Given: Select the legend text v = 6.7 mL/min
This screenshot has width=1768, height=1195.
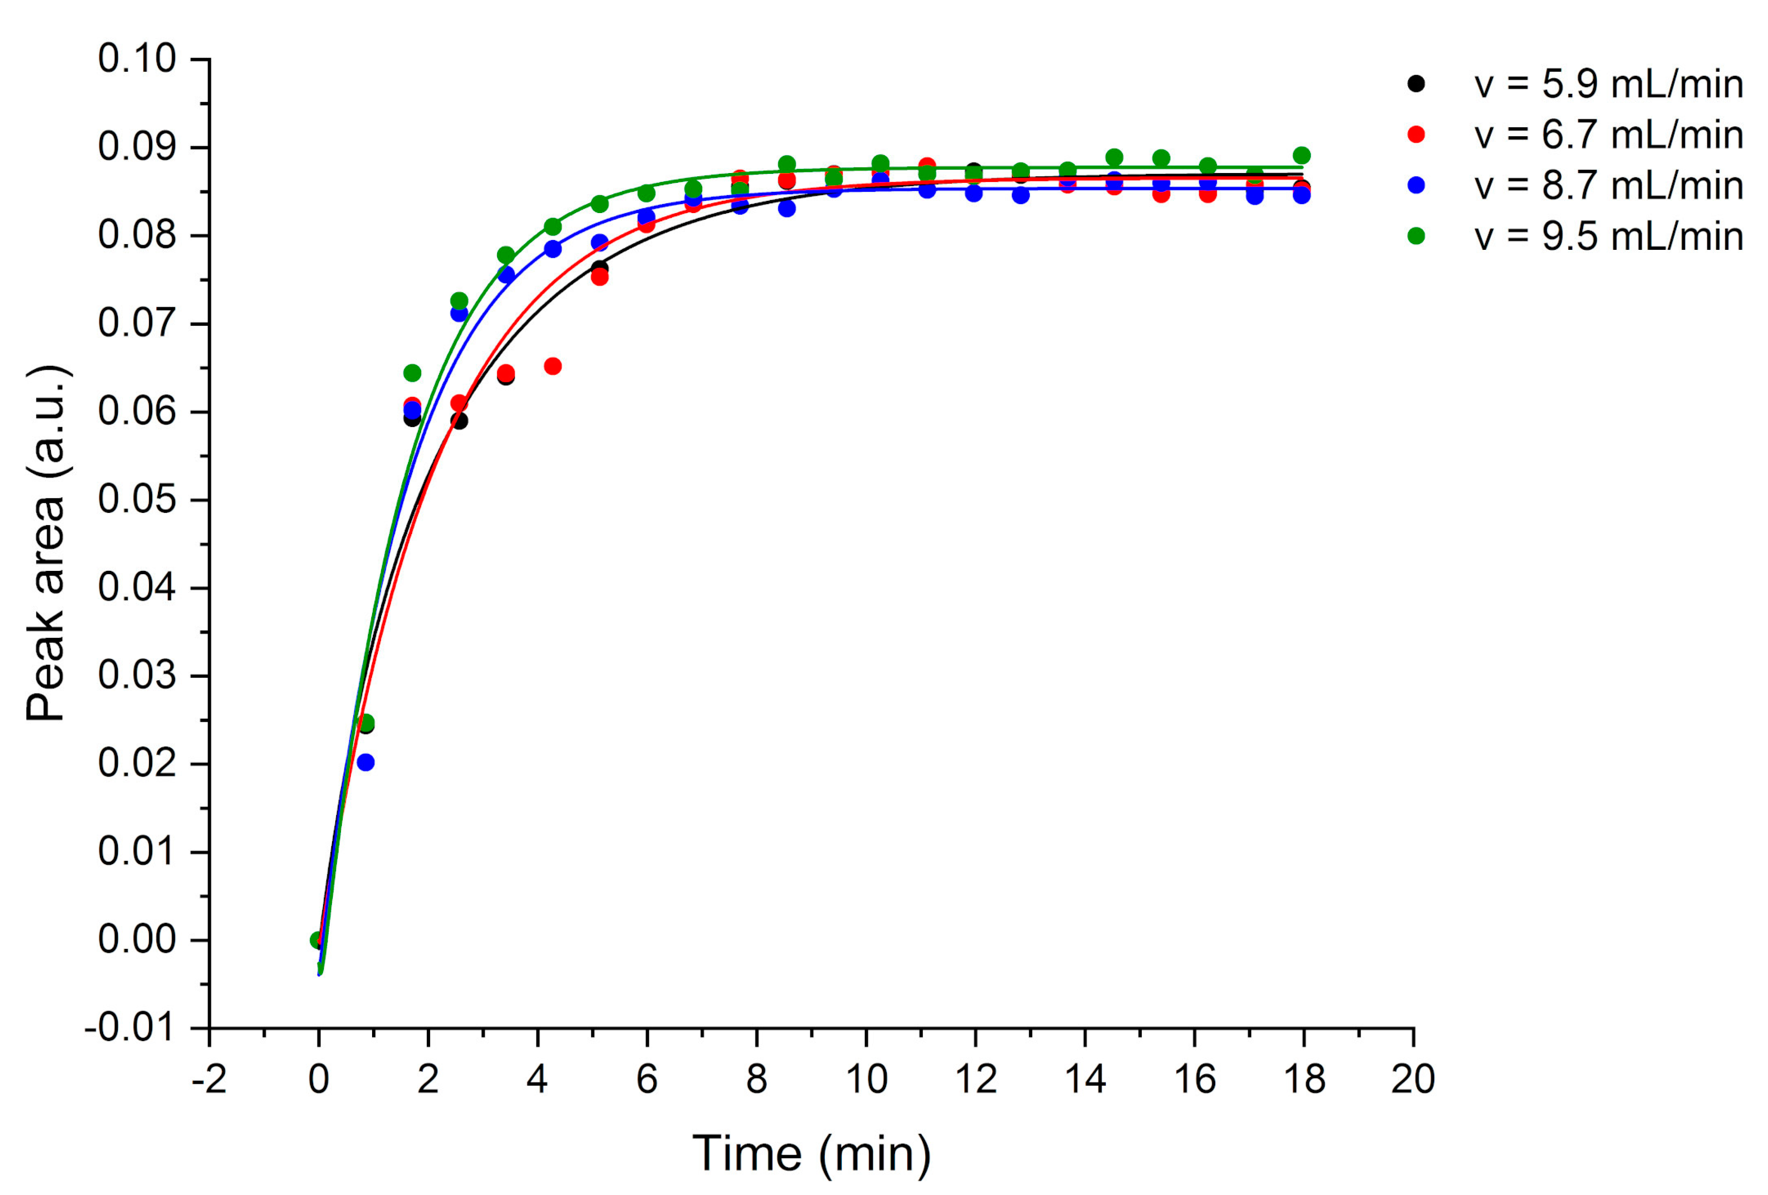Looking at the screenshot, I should pyautogui.click(x=1608, y=135).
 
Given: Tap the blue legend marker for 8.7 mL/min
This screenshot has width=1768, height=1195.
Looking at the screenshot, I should pyautogui.click(x=1416, y=185).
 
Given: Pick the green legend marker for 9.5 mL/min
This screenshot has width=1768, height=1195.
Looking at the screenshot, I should pyautogui.click(x=1416, y=236).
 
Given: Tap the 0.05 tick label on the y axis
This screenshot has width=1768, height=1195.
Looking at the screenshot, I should pyautogui.click(x=137, y=500).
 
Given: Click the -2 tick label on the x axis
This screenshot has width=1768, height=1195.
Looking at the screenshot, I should pyautogui.click(x=209, y=1079).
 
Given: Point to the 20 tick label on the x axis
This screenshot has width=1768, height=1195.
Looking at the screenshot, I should pyautogui.click(x=1413, y=1079).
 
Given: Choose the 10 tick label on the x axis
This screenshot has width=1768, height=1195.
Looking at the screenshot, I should pyautogui.click(x=866, y=1079).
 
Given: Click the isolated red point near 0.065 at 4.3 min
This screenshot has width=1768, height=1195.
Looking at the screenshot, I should pyautogui.click(x=553, y=366).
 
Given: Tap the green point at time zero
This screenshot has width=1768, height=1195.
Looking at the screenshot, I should pyautogui.click(x=318, y=940).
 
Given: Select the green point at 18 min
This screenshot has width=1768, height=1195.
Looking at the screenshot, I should pyautogui.click(x=1302, y=155).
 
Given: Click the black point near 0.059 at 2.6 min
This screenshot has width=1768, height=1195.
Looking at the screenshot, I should pyautogui.click(x=459, y=420).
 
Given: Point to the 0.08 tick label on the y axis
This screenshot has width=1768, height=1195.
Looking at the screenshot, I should pyautogui.click(x=137, y=235).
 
